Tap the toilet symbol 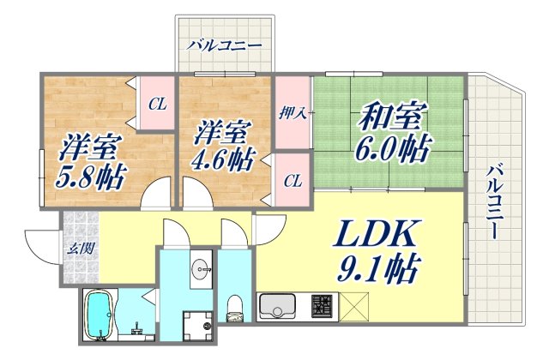coord(234,309)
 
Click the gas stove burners coord(323,305)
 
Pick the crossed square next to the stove coord(355,305)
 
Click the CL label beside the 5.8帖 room coord(157,105)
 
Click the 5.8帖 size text coord(94,179)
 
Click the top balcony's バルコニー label coord(221,44)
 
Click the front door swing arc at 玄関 coord(41,249)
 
